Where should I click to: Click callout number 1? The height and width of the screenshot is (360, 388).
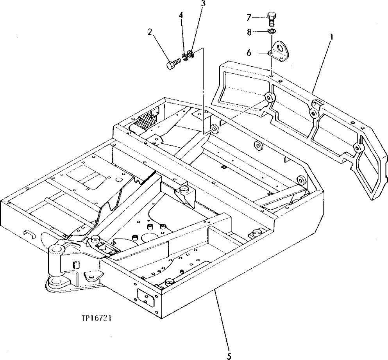point(331,37)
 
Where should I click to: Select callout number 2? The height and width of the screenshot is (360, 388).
point(150,32)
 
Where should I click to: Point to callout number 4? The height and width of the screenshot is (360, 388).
point(181,15)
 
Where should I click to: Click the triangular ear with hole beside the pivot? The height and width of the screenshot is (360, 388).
point(93,276)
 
